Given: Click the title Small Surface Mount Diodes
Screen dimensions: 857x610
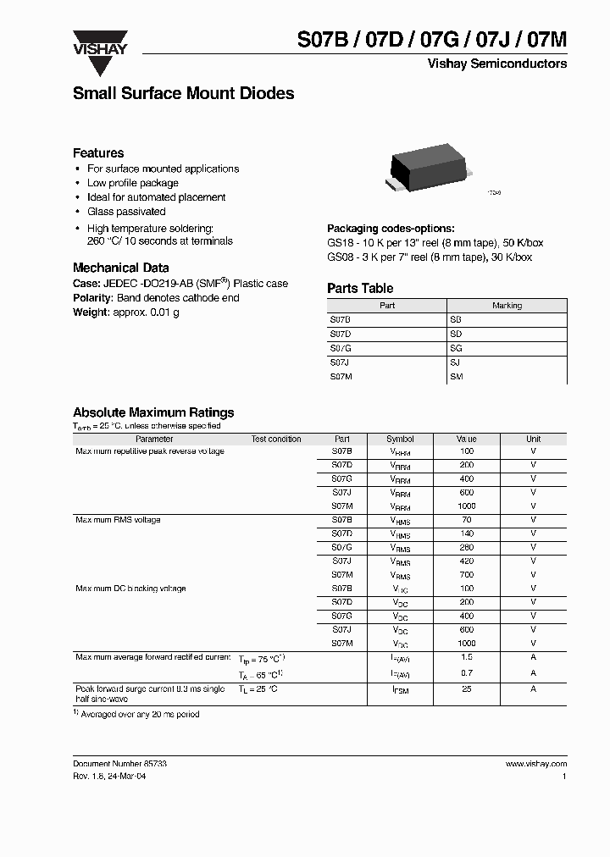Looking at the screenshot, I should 183,94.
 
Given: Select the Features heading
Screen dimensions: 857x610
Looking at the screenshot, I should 98,153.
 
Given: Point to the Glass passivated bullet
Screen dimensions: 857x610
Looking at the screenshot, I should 126,212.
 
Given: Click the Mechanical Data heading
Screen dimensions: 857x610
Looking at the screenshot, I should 120,268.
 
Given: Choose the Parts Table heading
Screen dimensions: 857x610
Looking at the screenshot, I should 360,289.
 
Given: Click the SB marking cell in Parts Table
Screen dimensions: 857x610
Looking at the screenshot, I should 456,320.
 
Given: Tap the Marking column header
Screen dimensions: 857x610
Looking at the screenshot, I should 507,306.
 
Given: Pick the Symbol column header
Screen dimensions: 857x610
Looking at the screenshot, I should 400,440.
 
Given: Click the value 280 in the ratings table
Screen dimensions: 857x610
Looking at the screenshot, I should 466,547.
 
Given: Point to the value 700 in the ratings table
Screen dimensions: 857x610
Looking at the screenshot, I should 466,574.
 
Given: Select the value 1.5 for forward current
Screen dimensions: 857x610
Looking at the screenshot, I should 466,657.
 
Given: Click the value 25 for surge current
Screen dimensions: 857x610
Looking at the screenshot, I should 466,689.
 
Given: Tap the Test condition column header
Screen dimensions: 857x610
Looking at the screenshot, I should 276,440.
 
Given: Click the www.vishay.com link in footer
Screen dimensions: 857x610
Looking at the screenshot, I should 536,764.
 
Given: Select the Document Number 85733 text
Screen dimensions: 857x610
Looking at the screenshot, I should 119,764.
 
